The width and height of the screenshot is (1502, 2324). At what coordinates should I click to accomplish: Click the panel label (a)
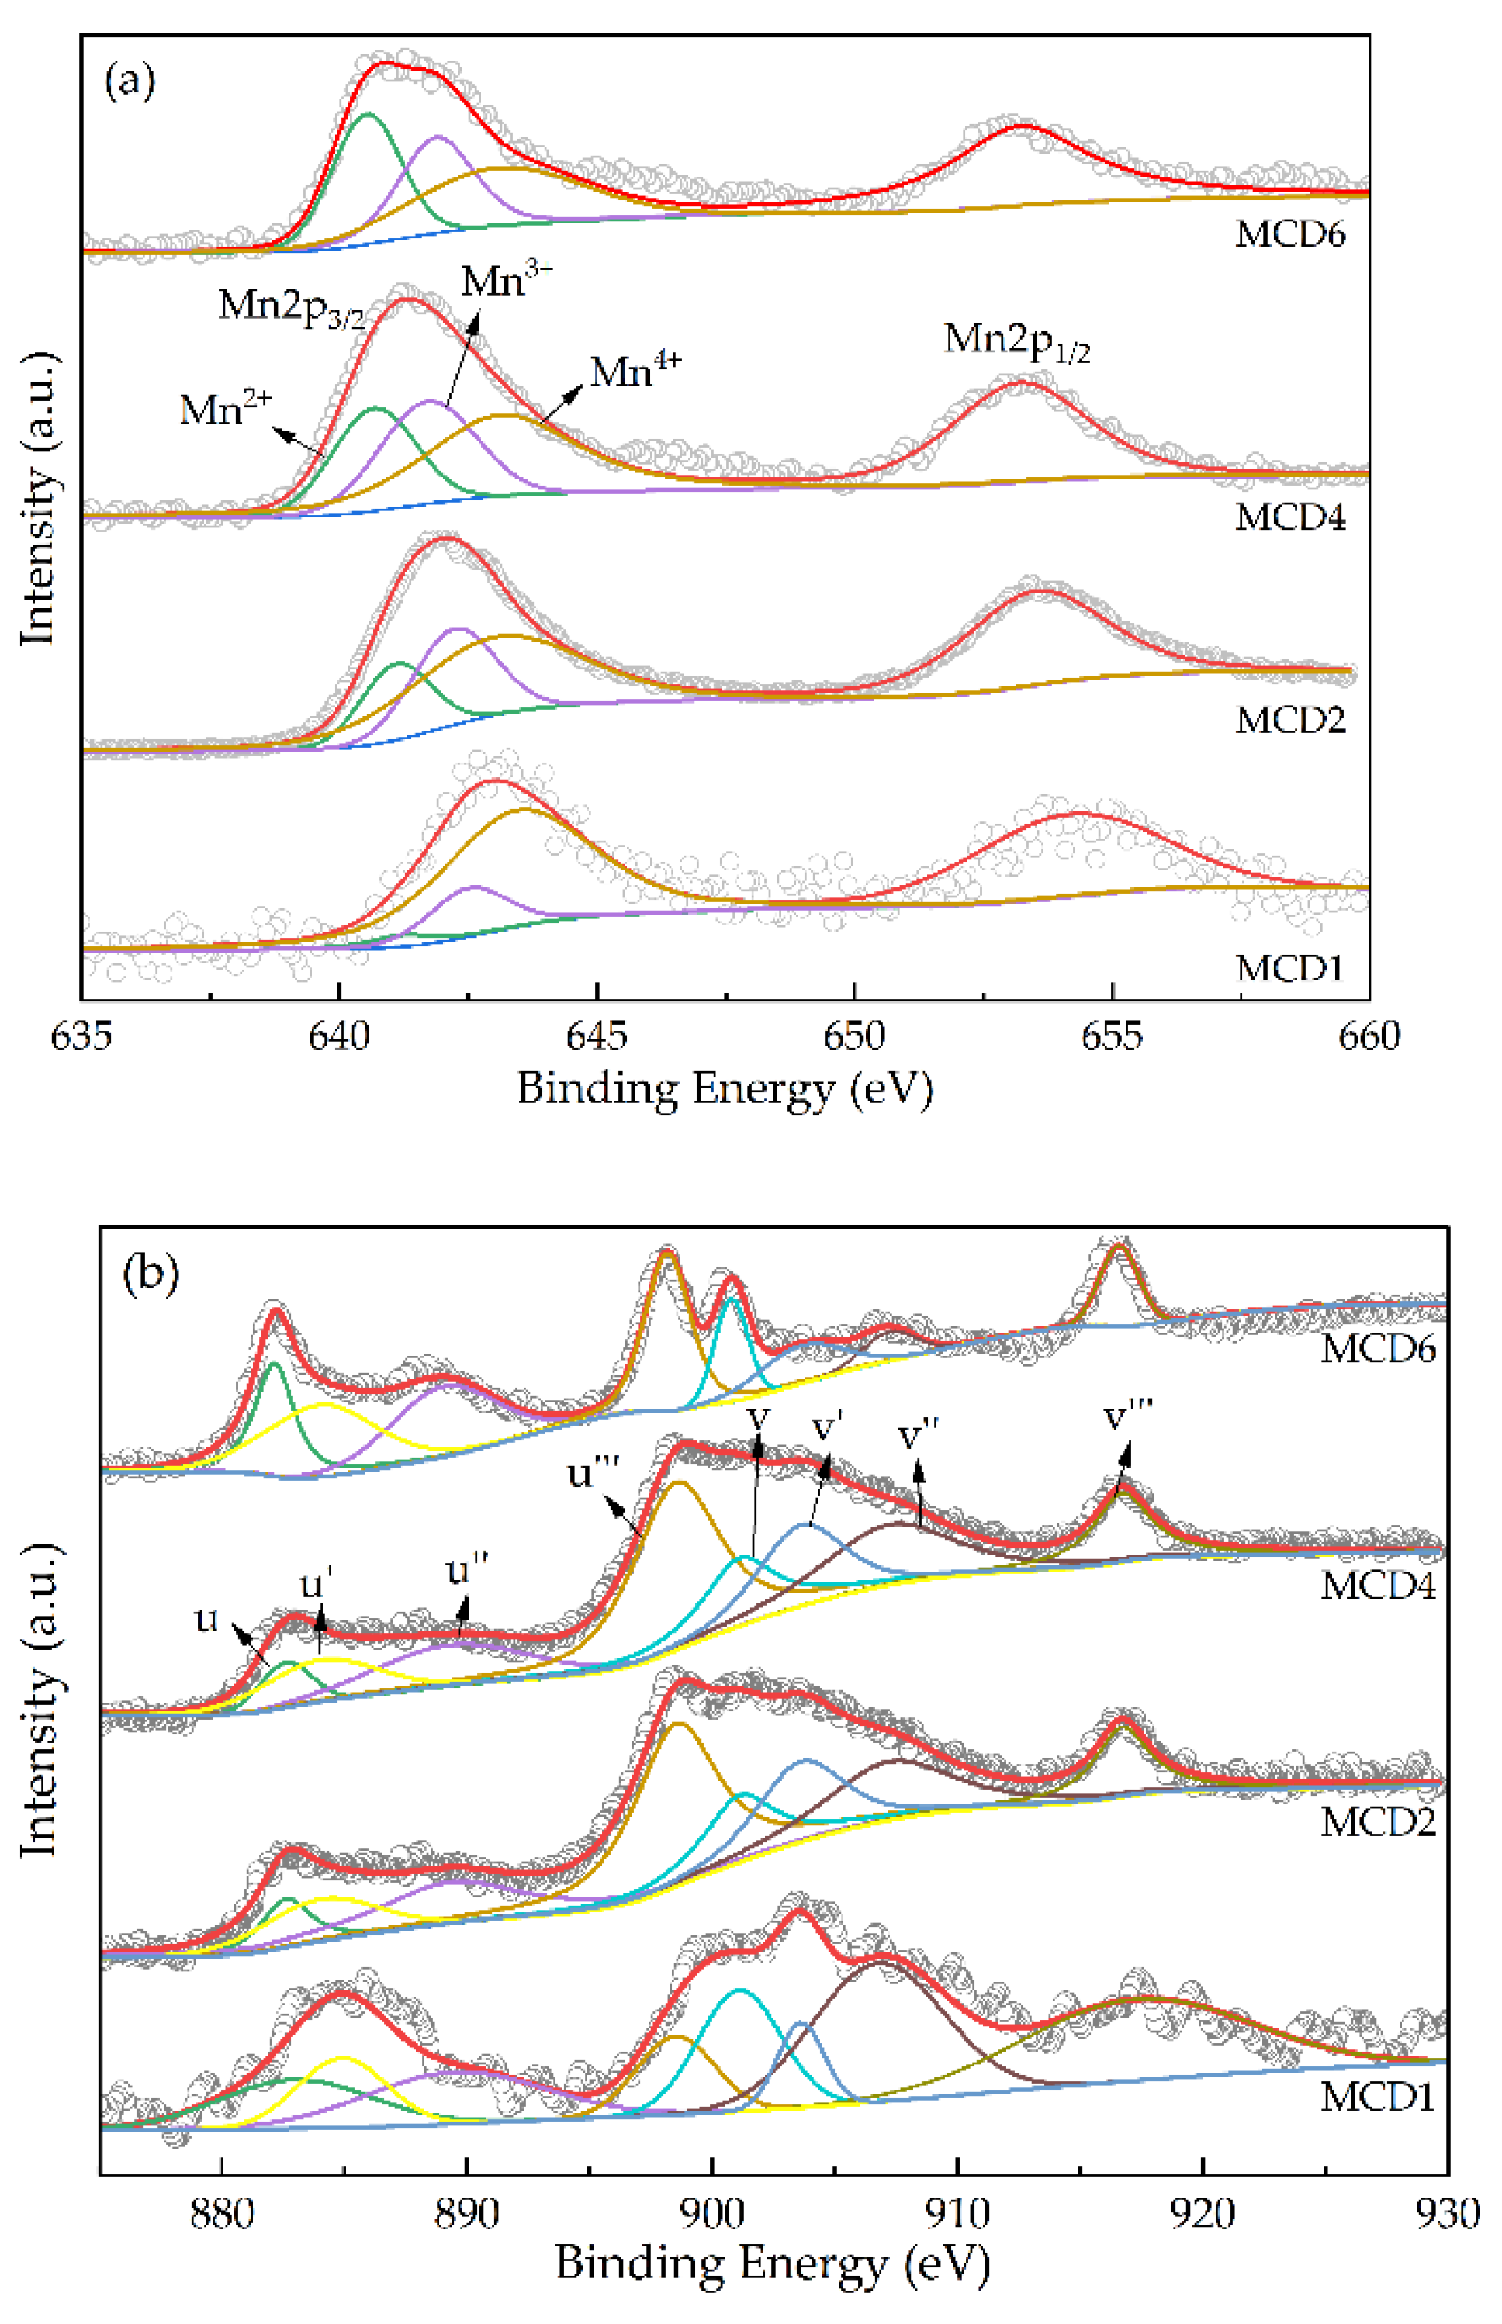(129, 83)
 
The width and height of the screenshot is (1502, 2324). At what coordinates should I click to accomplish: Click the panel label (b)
(151, 1274)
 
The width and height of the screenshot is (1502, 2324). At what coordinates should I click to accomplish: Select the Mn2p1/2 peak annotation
(1016, 341)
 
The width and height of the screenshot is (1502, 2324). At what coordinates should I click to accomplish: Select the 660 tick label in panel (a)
(1369, 1036)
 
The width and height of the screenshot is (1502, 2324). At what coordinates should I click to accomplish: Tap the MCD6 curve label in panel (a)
(1289, 235)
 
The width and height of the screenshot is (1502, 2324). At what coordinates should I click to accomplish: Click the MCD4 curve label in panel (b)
(1377, 1586)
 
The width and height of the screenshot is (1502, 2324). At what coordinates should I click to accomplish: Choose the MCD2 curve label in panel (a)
(1289, 721)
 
